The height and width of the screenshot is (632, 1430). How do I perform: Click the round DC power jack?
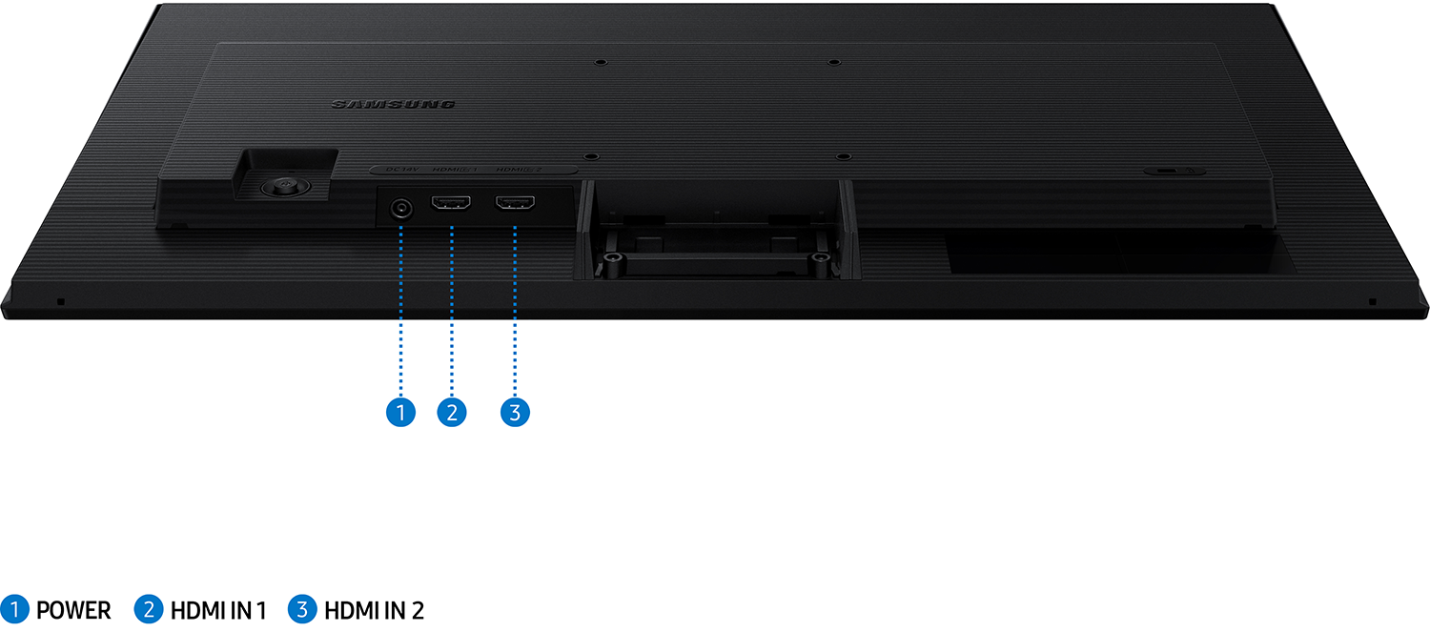401,209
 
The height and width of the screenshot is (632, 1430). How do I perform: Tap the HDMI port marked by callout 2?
452,204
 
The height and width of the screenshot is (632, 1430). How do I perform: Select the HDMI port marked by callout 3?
515,203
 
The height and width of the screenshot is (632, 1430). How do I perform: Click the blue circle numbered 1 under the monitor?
401,412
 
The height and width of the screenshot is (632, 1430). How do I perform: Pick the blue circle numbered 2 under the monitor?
452,412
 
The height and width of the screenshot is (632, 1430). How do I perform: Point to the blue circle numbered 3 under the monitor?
515,412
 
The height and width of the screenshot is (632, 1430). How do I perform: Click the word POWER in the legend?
73,610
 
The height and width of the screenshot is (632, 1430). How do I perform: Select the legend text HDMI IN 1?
218,610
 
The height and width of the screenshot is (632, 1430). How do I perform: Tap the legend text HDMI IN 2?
374,610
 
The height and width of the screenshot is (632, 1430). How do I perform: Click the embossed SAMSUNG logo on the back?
393,104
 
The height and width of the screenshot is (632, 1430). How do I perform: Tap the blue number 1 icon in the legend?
15,609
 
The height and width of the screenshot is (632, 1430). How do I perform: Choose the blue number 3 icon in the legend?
303,609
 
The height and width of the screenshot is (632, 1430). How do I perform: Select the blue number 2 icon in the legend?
150,609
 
